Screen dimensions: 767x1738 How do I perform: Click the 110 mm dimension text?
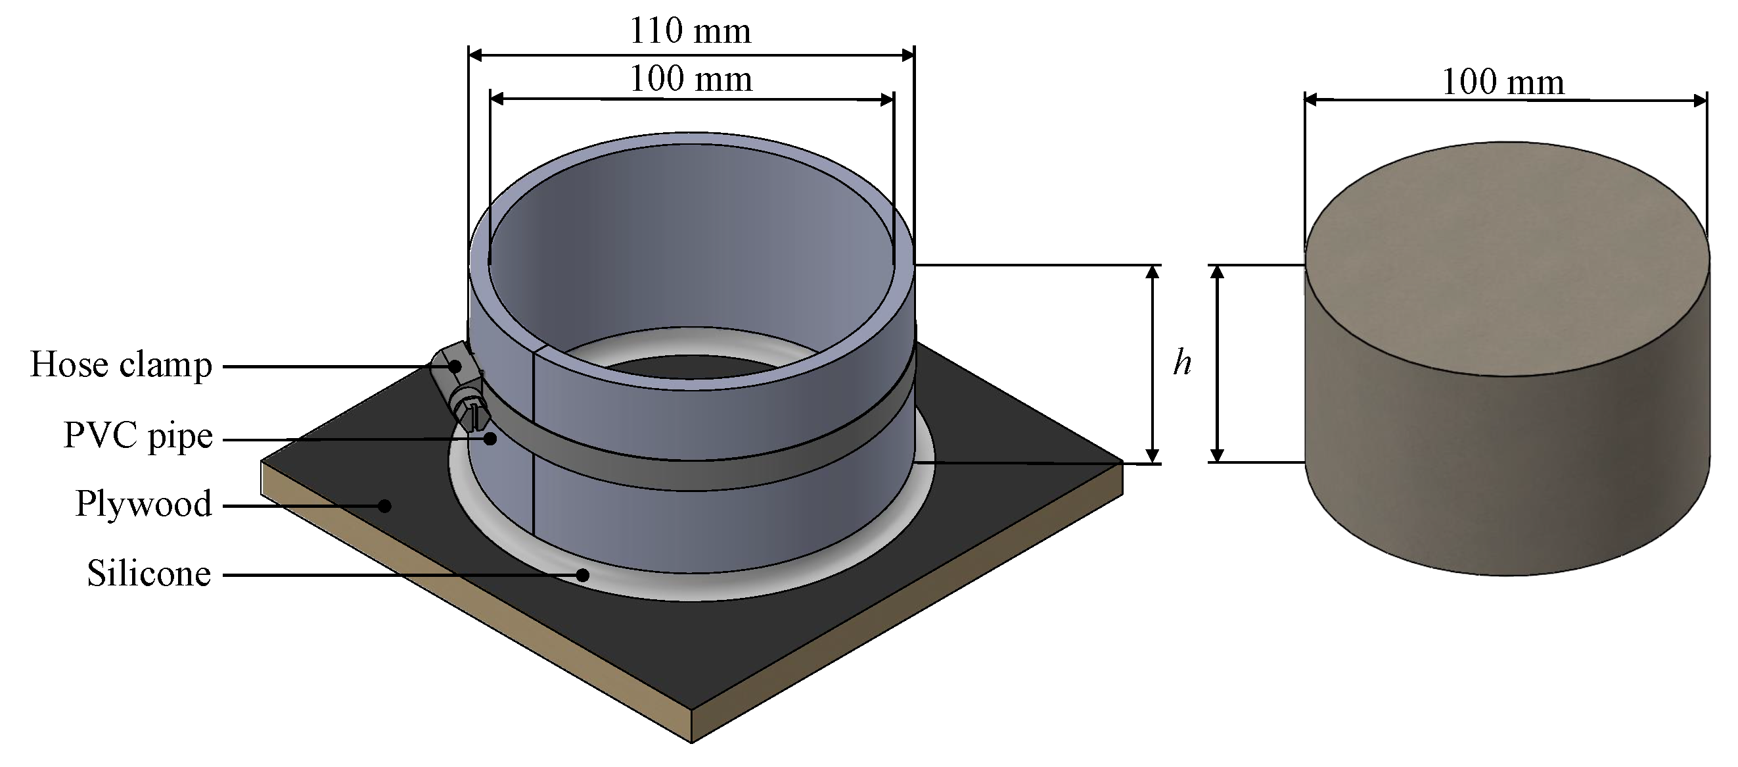(689, 31)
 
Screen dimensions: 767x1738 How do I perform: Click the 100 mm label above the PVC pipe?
(691, 79)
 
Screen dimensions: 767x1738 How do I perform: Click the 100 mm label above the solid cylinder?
(1503, 82)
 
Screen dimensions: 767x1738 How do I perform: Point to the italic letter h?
(1182, 363)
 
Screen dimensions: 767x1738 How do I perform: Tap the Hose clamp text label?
(122, 365)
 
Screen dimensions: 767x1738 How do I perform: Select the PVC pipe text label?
(138, 435)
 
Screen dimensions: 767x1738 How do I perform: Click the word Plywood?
(144, 504)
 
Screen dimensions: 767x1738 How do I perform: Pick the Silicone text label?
(149, 574)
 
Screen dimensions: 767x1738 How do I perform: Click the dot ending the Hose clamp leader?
(456, 366)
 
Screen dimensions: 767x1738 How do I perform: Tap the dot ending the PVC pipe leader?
(490, 439)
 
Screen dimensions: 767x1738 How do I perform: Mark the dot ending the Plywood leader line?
(384, 506)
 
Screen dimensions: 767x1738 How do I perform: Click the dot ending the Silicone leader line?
(582, 575)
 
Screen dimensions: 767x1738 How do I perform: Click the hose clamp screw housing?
(460, 388)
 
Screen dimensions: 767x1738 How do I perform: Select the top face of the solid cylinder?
(1506, 257)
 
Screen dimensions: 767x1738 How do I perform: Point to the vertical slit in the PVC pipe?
(534, 445)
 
